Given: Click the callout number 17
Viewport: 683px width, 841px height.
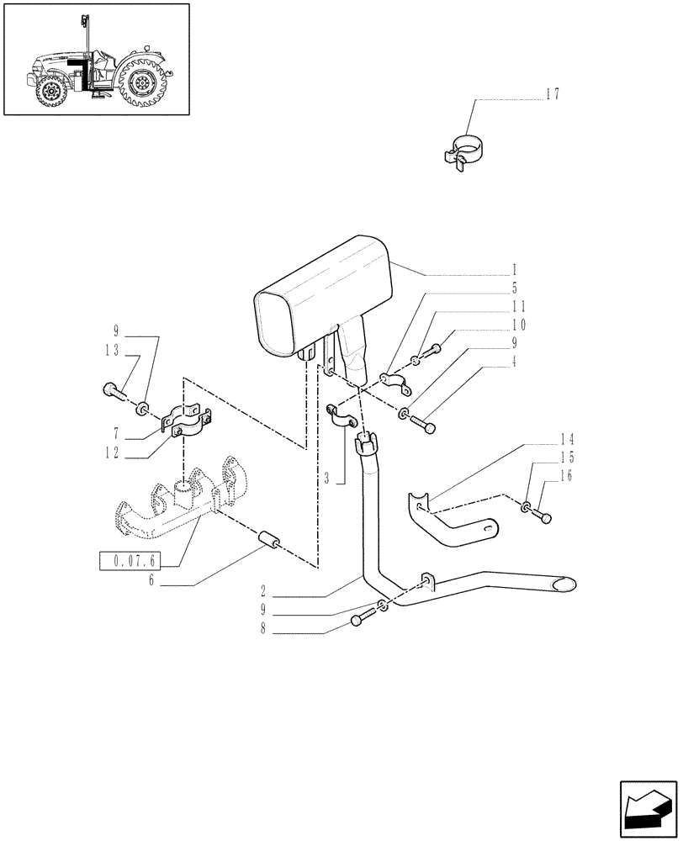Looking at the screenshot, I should pos(552,94).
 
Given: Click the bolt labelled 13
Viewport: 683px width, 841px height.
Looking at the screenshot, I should pos(114,389).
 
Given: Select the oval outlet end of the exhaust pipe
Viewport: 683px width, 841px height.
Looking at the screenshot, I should pos(561,583).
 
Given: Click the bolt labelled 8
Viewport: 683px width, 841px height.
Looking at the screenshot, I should pos(357,619).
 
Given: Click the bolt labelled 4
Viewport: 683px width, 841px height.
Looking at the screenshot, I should pos(429,427).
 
